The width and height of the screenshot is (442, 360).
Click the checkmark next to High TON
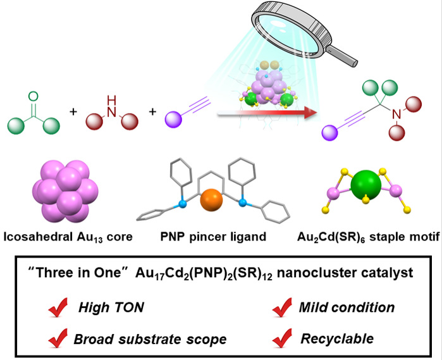tap(58, 308)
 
